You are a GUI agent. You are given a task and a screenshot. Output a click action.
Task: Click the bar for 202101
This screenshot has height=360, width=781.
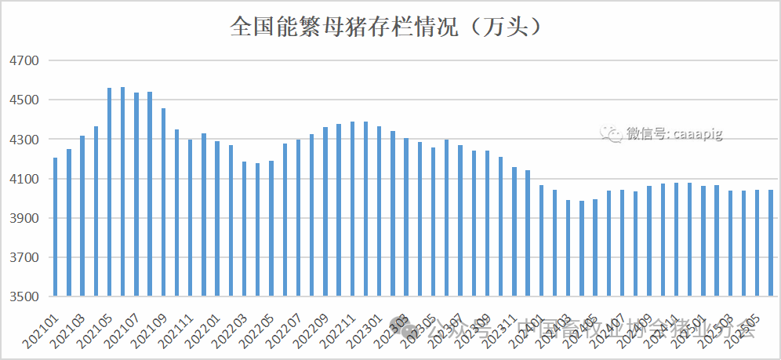point(56,227)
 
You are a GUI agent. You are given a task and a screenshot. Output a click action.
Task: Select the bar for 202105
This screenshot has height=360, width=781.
point(109,192)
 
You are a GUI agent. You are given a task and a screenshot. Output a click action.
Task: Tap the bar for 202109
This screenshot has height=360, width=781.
point(163,202)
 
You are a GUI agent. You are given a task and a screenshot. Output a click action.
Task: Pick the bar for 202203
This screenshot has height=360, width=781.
point(244,229)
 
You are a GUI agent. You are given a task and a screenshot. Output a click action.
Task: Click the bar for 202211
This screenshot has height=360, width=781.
point(352,209)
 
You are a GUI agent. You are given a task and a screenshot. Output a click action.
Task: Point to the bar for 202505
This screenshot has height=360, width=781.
point(757,243)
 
